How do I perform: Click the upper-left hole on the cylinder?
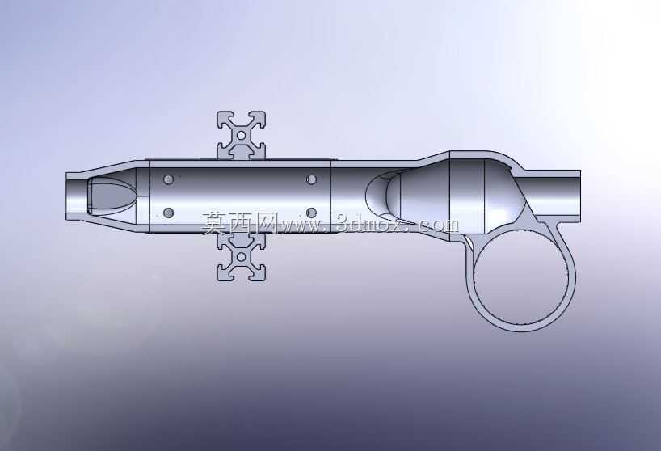pos(168,179)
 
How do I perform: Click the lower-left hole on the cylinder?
pos(168,213)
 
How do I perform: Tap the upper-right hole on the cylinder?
pos(311,179)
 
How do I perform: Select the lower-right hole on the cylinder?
pos(311,213)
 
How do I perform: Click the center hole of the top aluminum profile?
pos(241,135)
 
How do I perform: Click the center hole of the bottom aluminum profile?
pos(241,257)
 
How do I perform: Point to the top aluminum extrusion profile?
pos(241,135)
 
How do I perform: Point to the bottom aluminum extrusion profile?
pos(241,257)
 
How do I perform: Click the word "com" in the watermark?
pos(440,225)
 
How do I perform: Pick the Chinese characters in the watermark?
pos(238,222)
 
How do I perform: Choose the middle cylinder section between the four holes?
pos(239,196)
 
